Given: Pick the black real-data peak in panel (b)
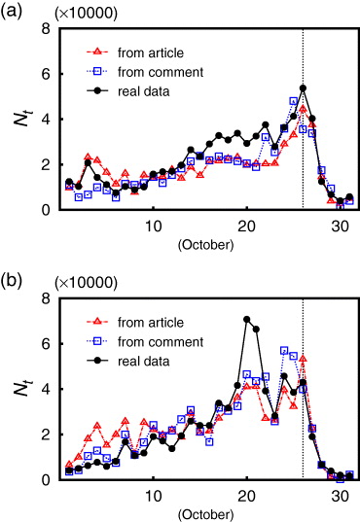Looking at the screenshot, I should [247, 319].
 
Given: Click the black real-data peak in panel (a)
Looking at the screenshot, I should [303, 88].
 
